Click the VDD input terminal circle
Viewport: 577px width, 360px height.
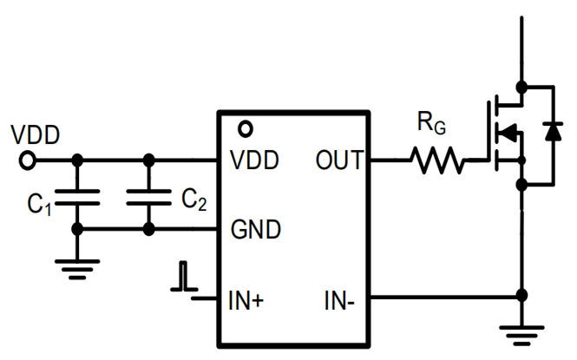coord(28,160)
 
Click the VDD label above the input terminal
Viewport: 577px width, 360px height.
coord(35,135)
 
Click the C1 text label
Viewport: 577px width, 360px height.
coord(38,206)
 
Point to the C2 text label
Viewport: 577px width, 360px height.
coord(194,200)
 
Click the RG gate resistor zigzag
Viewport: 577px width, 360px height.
coord(437,160)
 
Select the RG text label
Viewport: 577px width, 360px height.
coord(431,124)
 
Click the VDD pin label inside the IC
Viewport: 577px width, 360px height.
coord(256,161)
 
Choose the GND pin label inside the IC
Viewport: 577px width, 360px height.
coord(256,230)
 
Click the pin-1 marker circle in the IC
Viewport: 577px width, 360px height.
coord(246,130)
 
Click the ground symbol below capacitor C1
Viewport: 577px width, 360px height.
coord(77,266)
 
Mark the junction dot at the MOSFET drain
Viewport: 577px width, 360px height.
coord(521,87)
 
